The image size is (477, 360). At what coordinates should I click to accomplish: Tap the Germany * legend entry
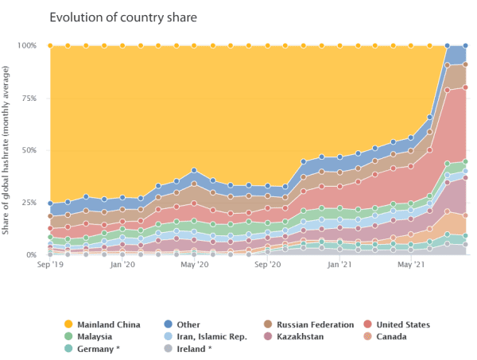pos(98,348)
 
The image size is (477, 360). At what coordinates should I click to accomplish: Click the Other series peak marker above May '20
pos(194,170)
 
